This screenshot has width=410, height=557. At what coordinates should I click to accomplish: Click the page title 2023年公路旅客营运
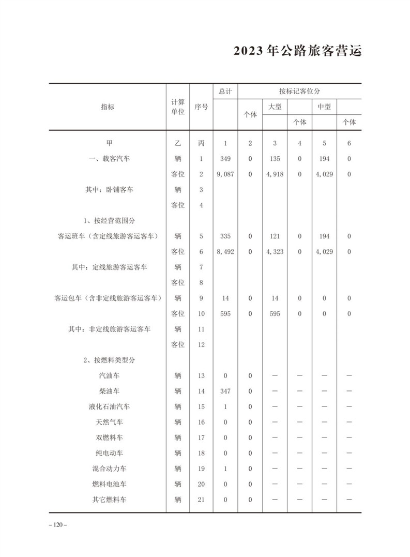(x=297, y=52)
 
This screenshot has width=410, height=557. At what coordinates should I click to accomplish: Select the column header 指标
(x=108, y=107)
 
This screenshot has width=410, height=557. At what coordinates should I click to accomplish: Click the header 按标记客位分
(x=300, y=91)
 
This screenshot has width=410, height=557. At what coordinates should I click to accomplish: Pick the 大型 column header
(x=275, y=107)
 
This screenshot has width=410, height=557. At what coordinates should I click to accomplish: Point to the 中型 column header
(x=324, y=107)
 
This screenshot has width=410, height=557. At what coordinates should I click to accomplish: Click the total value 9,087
(x=225, y=174)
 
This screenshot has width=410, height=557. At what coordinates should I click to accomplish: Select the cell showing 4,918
(x=275, y=174)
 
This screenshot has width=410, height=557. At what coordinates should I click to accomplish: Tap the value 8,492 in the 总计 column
(x=225, y=252)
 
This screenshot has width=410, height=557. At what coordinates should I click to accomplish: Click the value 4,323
(x=275, y=252)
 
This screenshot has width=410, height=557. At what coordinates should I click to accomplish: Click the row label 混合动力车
(x=110, y=469)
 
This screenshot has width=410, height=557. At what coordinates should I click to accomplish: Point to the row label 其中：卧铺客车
(x=110, y=190)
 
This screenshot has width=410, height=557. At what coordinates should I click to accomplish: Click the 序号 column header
(x=202, y=107)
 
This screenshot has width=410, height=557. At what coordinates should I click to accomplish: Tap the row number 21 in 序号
(x=202, y=500)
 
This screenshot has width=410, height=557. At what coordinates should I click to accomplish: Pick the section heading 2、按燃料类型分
(x=110, y=360)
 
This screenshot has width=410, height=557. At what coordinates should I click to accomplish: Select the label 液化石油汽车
(x=110, y=407)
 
